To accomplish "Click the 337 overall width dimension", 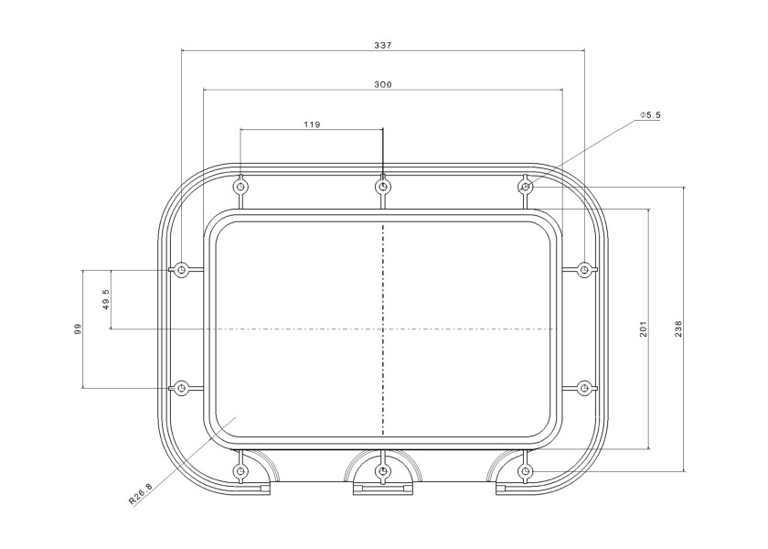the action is [x=383, y=45].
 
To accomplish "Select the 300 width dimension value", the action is [x=383, y=85].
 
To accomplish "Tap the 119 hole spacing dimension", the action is [x=312, y=124].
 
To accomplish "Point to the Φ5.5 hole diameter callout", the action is [x=650, y=114].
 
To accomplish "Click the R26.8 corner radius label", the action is [x=141, y=493].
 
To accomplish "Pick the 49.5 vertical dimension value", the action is [x=106, y=299].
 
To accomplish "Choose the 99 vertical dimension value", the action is [x=78, y=328].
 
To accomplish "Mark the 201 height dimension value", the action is [x=643, y=328].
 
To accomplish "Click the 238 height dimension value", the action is [x=678, y=328].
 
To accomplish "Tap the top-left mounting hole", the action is [x=240, y=187].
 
